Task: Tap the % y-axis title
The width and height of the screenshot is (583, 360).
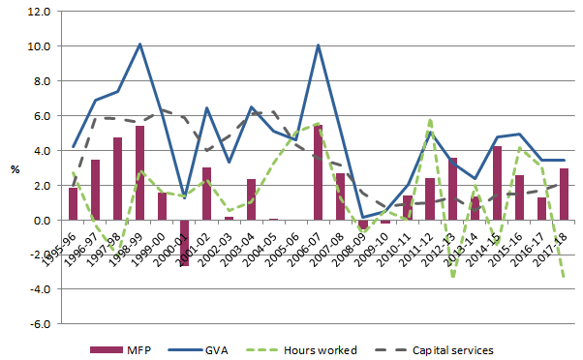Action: pyautogui.click(x=15, y=168)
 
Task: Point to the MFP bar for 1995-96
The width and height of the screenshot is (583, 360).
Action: pyautogui.click(x=73, y=204)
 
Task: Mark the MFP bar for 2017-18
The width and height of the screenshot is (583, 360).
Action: pyautogui.click(x=565, y=195)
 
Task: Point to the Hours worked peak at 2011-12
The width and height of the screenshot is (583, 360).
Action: pyautogui.click(x=430, y=120)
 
